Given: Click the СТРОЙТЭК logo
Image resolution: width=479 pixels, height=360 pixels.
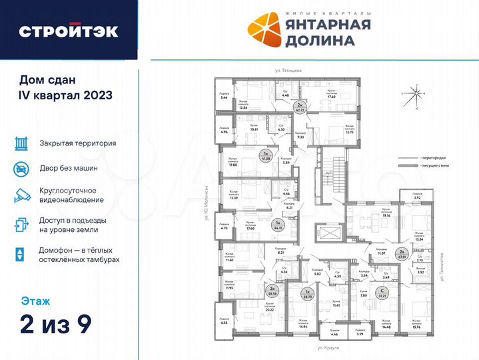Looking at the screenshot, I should pos(69,31).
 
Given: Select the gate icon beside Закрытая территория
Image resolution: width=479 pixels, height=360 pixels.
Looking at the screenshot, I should pos(21,143).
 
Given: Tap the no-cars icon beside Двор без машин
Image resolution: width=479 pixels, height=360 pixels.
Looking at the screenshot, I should pos(21,169).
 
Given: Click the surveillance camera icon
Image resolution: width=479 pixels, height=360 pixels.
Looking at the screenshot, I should pos(21,195).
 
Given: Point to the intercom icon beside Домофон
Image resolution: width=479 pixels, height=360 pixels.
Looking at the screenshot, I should pos(21,254).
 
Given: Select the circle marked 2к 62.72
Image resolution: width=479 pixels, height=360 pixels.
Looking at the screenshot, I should pos(300,107).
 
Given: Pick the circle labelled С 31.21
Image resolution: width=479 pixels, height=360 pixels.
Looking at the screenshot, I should pos(382,295).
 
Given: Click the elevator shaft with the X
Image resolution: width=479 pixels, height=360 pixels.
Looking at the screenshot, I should pos(330,235).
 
